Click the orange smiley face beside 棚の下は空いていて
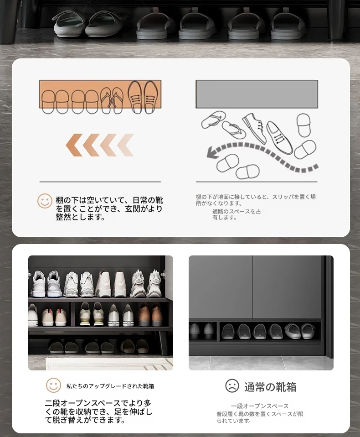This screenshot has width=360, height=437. [45, 201]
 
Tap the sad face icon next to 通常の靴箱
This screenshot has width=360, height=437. [232, 386]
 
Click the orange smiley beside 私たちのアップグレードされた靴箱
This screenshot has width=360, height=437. [53, 385]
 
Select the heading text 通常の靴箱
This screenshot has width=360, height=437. [270, 387]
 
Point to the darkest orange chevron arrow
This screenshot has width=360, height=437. [74, 145]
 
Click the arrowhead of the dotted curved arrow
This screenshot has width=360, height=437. [213, 152]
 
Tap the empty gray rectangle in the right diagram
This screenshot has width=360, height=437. [257, 94]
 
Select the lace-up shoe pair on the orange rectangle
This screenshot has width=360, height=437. [143, 97]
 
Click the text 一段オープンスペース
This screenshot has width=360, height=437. [260, 406]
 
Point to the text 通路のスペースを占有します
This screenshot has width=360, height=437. [237, 214]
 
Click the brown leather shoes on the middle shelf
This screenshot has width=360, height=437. [150, 314]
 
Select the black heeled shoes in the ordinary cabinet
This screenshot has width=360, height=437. [201, 331]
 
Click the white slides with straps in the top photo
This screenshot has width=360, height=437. [88, 24]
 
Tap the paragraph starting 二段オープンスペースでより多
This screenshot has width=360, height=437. [98, 411]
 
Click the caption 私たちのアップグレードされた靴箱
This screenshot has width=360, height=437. [110, 386]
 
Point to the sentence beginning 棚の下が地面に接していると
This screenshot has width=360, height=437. [256, 200]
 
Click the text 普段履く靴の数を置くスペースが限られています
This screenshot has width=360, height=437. [260, 417]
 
